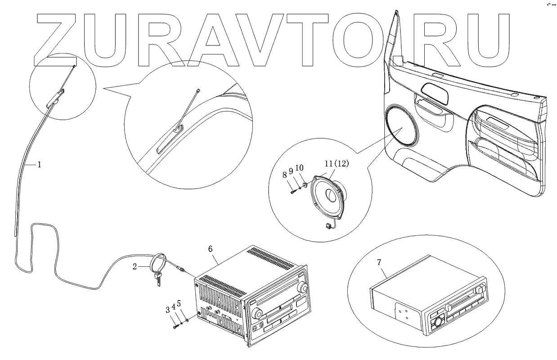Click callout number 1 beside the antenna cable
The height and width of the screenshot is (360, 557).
click(39, 165)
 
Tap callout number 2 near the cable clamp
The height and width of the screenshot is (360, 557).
click(135, 267)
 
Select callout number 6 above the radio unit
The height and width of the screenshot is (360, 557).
click(211, 249)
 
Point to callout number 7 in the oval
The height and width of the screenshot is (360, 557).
click(379, 262)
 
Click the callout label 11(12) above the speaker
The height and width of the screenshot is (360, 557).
click(337, 163)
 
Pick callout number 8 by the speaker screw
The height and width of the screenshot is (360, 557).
click(285, 175)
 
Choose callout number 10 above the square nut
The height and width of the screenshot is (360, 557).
click(299, 168)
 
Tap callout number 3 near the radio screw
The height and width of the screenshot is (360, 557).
click(168, 310)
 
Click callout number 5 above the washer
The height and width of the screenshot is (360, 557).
click(179, 303)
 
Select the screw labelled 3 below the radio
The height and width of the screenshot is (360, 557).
click(176, 326)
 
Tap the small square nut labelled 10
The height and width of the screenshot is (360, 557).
click(304, 185)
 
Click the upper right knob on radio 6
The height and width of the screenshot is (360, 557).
click(303, 287)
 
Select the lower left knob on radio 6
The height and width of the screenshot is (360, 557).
click(256, 314)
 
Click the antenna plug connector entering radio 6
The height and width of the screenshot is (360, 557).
click(180, 269)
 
